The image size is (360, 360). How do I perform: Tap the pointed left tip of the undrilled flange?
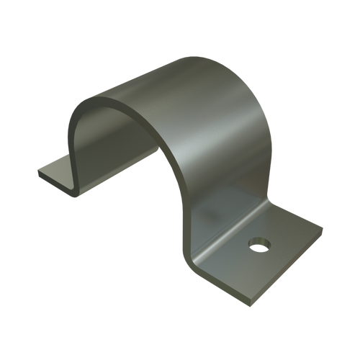tap(35, 172)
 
